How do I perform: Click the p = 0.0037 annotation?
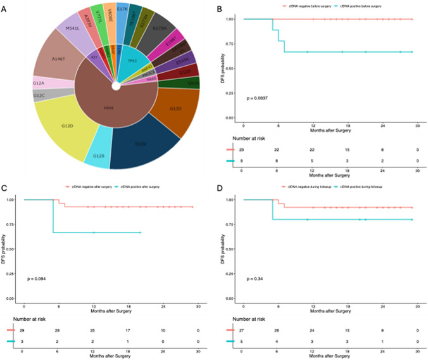[259, 99]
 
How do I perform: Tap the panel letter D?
[220, 188]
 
